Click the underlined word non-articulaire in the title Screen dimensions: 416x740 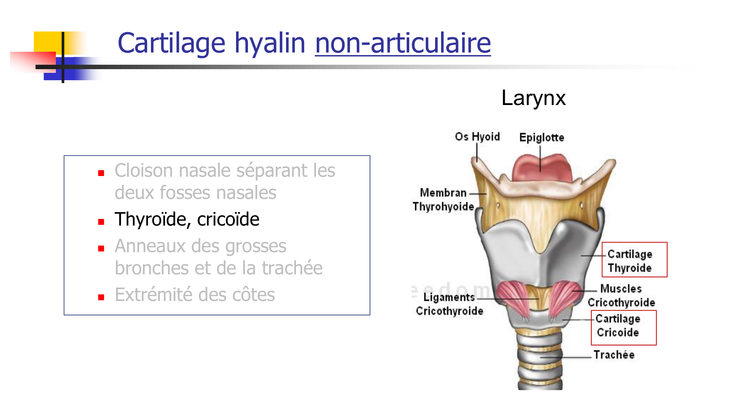[403, 43]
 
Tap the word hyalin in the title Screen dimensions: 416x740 [270, 43]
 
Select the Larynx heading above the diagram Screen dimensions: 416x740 [533, 98]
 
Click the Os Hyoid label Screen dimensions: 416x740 [477, 137]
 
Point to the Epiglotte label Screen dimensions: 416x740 [542, 138]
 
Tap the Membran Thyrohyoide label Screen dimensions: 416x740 [443, 200]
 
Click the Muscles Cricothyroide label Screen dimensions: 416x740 [621, 295]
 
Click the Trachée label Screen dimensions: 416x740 [614, 355]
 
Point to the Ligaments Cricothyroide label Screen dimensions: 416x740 [450, 304]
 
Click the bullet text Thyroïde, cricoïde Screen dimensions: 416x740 [187, 219]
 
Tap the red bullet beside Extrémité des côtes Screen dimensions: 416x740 [101, 297]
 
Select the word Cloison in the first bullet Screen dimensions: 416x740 [144, 171]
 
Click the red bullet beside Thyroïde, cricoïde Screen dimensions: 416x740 [101, 222]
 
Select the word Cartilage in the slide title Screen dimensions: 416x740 [171, 43]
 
